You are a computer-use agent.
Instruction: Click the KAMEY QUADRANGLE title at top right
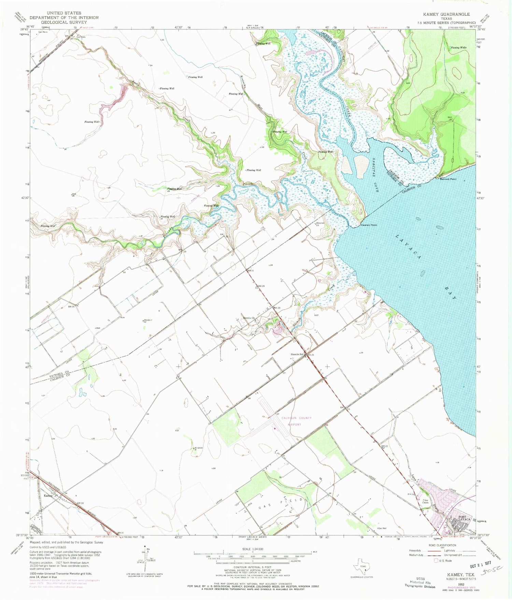click(446, 14)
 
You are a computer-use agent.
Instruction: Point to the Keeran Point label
click(369, 225)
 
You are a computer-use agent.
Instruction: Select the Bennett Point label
click(448, 179)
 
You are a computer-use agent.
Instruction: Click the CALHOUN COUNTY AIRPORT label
click(296, 421)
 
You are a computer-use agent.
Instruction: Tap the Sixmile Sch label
click(297, 354)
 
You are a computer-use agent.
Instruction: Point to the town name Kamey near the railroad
click(47, 495)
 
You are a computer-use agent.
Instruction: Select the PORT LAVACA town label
click(464, 518)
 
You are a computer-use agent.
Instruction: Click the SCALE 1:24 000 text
click(252, 549)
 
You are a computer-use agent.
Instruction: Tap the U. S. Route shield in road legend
click(436, 561)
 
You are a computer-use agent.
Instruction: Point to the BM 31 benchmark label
click(251, 271)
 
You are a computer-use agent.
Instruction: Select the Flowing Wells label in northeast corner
click(458, 47)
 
